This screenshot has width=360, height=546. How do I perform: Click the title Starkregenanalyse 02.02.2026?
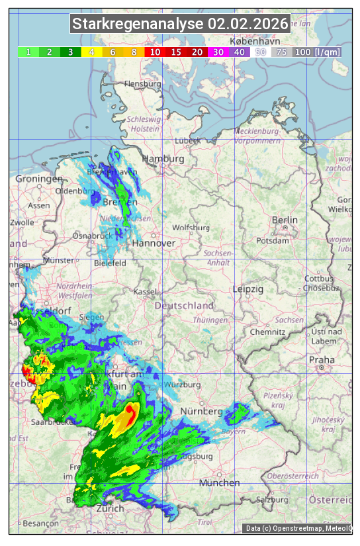(180, 24)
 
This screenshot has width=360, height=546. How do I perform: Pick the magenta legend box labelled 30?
(218, 52)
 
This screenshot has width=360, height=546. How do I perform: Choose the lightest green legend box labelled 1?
(28, 52)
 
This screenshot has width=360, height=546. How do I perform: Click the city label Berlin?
(285, 220)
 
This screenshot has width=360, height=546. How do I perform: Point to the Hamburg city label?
(163, 159)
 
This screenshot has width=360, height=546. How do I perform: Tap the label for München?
(219, 482)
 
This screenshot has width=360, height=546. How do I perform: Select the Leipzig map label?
(248, 289)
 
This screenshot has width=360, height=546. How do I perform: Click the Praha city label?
(322, 359)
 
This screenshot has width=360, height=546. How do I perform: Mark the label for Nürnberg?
(199, 412)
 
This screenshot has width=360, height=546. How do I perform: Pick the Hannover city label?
(154, 243)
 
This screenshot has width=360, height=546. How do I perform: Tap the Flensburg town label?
(142, 84)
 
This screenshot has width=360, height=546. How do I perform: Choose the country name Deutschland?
(184, 305)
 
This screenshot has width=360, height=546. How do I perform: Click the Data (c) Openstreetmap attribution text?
(298, 528)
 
